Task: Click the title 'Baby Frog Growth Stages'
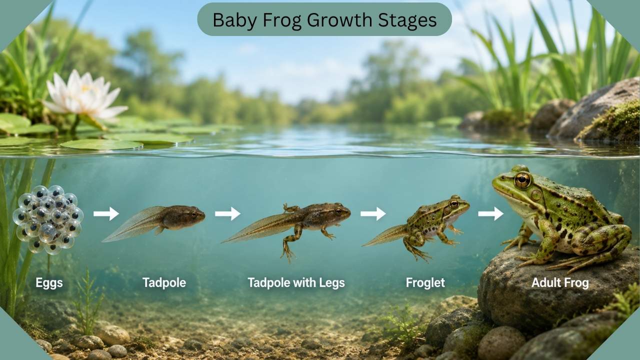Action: tap(324, 20)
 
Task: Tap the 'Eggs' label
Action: tap(49, 283)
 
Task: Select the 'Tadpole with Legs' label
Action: tap(296, 283)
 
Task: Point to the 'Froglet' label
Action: tap(425, 283)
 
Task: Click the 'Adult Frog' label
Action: tap(560, 283)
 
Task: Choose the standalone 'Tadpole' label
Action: tap(164, 283)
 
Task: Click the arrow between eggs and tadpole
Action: tap(106, 213)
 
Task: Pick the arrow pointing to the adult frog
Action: tap(491, 213)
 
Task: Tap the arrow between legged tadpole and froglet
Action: tap(373, 213)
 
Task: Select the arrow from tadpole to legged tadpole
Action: tap(227, 213)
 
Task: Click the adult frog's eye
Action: tap(522, 180)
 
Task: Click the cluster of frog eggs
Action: tap(48, 219)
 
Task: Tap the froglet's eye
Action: tap(454, 203)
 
